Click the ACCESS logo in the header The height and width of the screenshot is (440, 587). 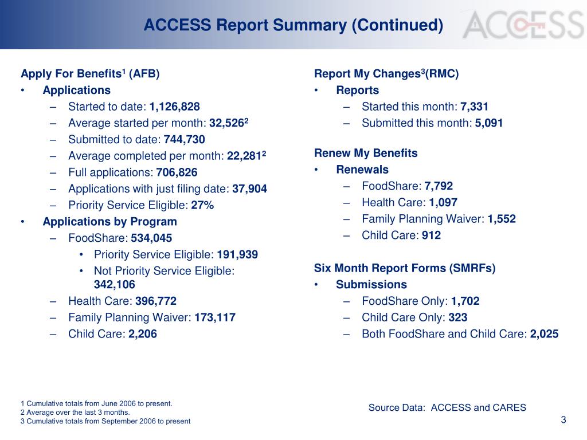click(523, 26)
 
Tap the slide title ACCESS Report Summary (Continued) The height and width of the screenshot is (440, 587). click(293, 25)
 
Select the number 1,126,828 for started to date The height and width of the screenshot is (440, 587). click(175, 107)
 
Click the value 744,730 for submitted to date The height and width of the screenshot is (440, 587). click(184, 140)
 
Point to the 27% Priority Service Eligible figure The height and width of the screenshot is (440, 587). click(202, 206)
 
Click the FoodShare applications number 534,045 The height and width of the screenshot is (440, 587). click(151, 238)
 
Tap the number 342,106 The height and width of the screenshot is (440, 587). click(115, 285)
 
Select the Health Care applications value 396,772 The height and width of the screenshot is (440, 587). click(156, 301)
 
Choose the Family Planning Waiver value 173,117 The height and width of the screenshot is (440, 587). click(215, 317)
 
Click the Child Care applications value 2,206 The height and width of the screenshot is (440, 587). click(143, 334)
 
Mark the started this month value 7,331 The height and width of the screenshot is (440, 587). click(475, 107)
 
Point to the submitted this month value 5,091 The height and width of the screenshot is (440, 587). click(489, 123)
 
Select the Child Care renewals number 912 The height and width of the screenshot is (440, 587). click(431, 235)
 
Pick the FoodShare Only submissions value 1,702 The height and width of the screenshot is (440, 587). click(465, 301)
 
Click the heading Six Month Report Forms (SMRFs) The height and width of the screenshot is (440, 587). click(405, 268)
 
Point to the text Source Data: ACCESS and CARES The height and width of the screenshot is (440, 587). click(447, 408)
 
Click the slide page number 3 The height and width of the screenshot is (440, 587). click(563, 420)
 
